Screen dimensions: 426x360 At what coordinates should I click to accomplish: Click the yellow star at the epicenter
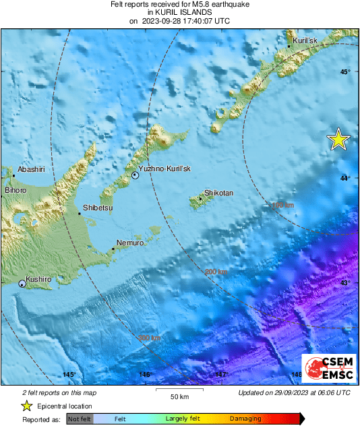(339, 140)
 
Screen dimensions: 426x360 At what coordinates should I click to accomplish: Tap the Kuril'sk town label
(305, 42)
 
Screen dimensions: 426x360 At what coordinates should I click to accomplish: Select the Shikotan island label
(218, 193)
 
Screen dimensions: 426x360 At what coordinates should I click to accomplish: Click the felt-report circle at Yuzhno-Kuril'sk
(136, 175)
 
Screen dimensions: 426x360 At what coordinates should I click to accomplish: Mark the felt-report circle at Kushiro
(22, 284)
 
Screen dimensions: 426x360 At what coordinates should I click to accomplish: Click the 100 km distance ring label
(282, 204)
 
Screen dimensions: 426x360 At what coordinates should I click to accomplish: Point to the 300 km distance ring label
(149, 338)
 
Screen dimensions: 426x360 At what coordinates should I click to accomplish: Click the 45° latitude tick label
(345, 72)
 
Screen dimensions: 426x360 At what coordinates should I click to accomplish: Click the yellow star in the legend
(26, 406)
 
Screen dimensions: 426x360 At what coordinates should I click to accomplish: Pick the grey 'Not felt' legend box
(80, 419)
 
